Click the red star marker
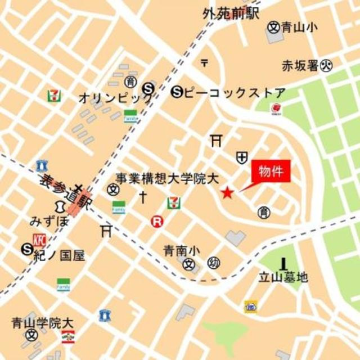point(227,193)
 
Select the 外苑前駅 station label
point(231,13)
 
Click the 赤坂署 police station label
point(300,66)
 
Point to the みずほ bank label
point(49,220)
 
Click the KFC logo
point(39,240)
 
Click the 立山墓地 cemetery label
point(283,277)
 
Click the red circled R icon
point(157,222)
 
